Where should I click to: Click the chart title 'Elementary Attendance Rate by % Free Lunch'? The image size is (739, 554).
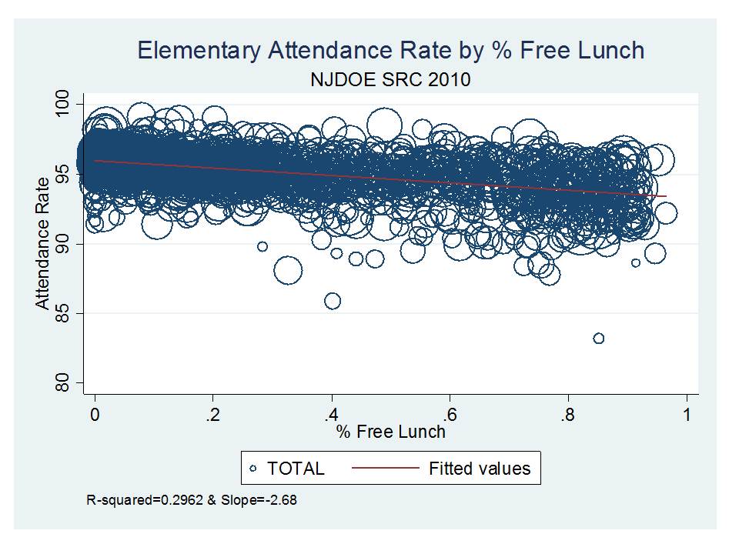coord(390,51)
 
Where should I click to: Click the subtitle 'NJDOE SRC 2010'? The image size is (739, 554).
coord(390,80)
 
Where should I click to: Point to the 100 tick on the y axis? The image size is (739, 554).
coord(63,105)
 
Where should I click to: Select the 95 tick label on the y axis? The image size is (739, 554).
coord(63,175)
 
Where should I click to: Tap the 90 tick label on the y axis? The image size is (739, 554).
coord(63,244)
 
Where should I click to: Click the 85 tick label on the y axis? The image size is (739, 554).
coord(63,313)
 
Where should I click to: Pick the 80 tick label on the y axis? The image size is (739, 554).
coord(63,382)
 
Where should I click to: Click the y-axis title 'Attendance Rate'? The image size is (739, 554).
coord(42,244)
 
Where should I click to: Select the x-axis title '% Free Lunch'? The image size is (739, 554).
coord(390,432)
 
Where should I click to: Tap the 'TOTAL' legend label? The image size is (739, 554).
coord(296,468)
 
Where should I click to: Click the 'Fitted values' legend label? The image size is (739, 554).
coord(480,468)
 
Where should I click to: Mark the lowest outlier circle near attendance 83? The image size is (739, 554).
coord(598,339)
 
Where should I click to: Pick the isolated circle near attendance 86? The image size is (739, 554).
coord(333,301)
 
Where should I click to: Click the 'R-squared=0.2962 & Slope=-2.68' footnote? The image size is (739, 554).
coord(192,500)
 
